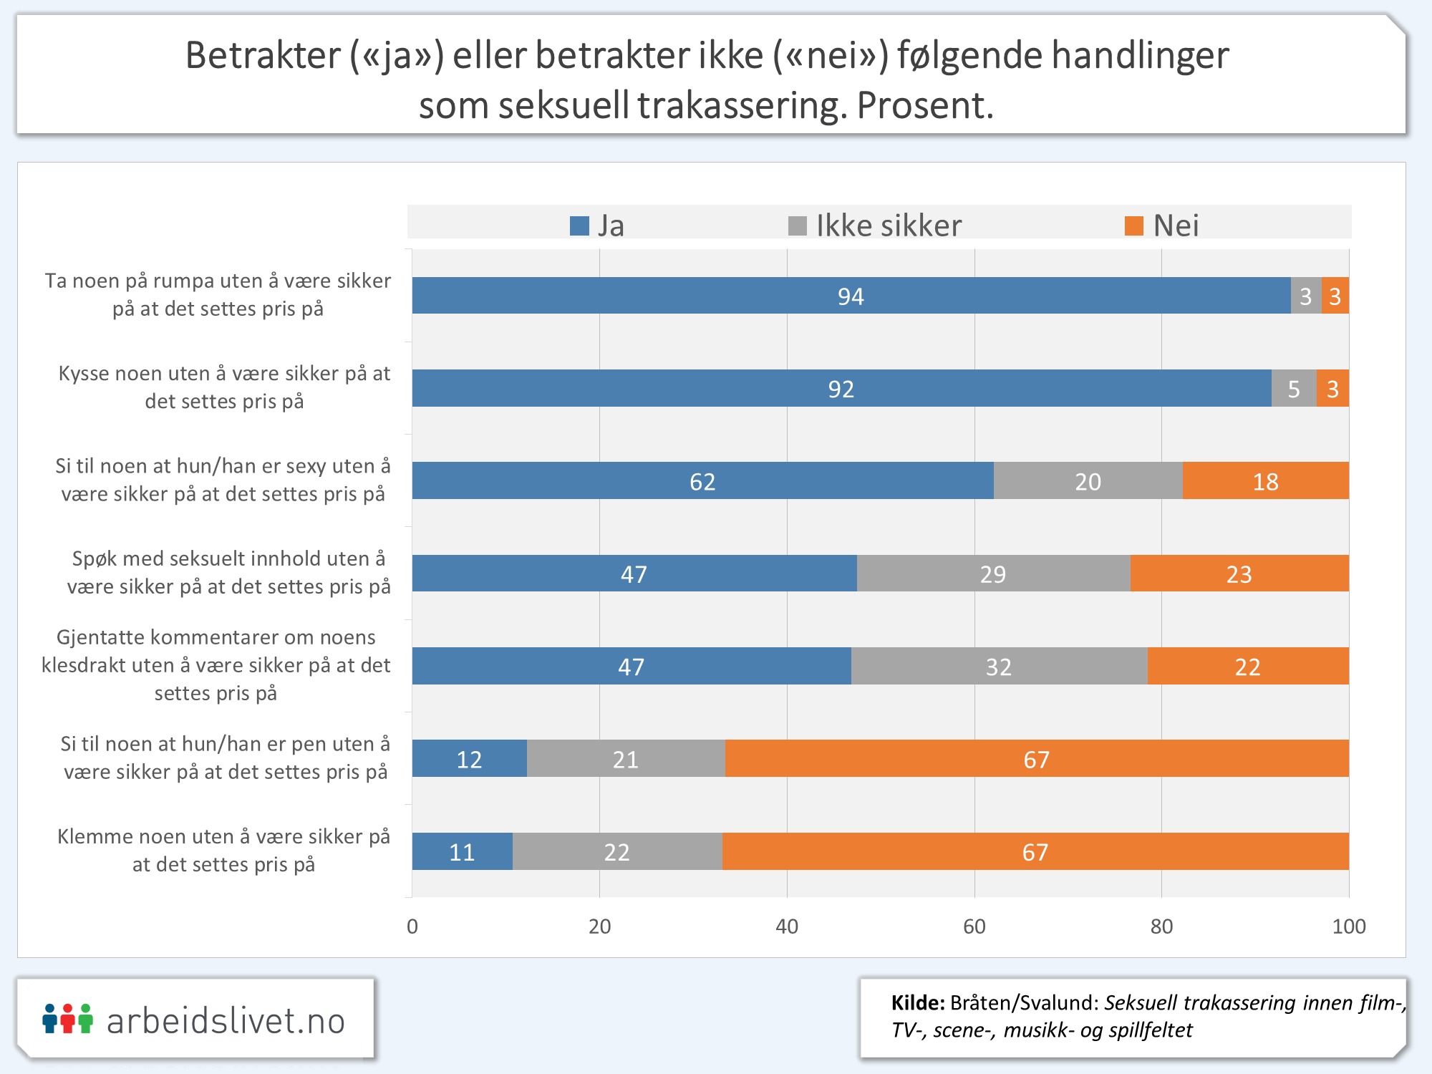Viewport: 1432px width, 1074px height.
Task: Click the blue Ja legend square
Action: pos(579,226)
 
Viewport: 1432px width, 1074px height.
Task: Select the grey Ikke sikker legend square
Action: pos(797,226)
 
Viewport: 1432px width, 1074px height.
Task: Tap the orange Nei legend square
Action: pos(1133,226)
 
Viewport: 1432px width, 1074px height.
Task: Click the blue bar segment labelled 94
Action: pos(851,296)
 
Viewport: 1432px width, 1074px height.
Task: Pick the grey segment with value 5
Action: pos(1293,389)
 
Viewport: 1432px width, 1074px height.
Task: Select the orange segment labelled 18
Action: pos(1265,481)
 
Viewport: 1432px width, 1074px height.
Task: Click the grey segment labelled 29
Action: pos(993,574)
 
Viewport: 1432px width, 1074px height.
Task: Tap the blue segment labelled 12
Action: pos(469,759)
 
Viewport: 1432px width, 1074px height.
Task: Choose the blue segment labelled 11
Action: pos(462,852)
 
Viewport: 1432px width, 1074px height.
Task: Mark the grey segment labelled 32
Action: pos(999,667)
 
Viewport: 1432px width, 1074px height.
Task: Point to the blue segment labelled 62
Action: pos(702,481)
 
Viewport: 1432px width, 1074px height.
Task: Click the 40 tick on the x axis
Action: pos(787,927)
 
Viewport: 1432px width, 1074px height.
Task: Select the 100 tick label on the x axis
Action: pos(1348,927)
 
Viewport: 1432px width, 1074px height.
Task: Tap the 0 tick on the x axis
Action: pos(412,927)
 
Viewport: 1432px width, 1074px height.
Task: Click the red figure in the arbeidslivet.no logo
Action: pos(68,1018)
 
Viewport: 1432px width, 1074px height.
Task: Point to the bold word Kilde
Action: pos(917,1003)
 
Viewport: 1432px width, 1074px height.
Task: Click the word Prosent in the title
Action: pos(924,106)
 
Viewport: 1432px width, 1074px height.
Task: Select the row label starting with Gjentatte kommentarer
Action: pos(216,665)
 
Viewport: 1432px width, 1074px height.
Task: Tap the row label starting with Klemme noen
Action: pos(223,851)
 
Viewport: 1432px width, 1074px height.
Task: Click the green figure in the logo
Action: pos(86,1018)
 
